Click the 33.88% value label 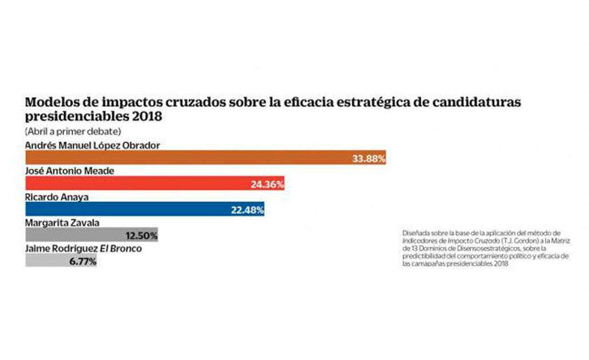pos(368,158)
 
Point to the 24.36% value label pos(266,184)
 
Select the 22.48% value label pos(246,210)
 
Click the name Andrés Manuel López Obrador pos(92,145)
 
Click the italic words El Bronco pos(122,249)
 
